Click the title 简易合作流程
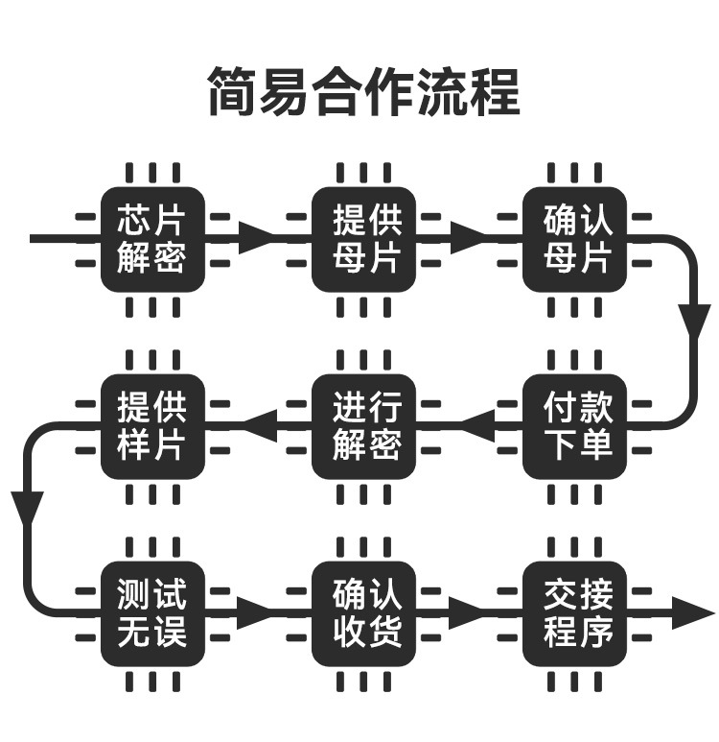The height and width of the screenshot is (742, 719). tap(364, 91)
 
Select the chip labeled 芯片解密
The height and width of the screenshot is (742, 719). tap(152, 239)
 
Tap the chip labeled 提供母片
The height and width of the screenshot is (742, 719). tap(363, 239)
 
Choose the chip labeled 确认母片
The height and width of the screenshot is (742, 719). tap(574, 239)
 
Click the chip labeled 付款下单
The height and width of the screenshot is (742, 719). tap(574, 427)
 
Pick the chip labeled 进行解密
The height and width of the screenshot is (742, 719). tap(363, 427)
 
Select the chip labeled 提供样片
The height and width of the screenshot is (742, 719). tap(152, 427)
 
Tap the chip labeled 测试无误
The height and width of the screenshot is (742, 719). tap(152, 614)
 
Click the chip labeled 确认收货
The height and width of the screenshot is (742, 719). tap(363, 614)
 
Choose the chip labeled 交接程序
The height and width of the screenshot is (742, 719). tap(574, 614)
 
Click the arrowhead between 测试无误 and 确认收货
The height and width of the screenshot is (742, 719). tap(255, 613)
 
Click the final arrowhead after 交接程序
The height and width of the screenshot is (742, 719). tap(693, 613)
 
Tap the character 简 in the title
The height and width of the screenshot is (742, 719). tap(234, 91)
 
